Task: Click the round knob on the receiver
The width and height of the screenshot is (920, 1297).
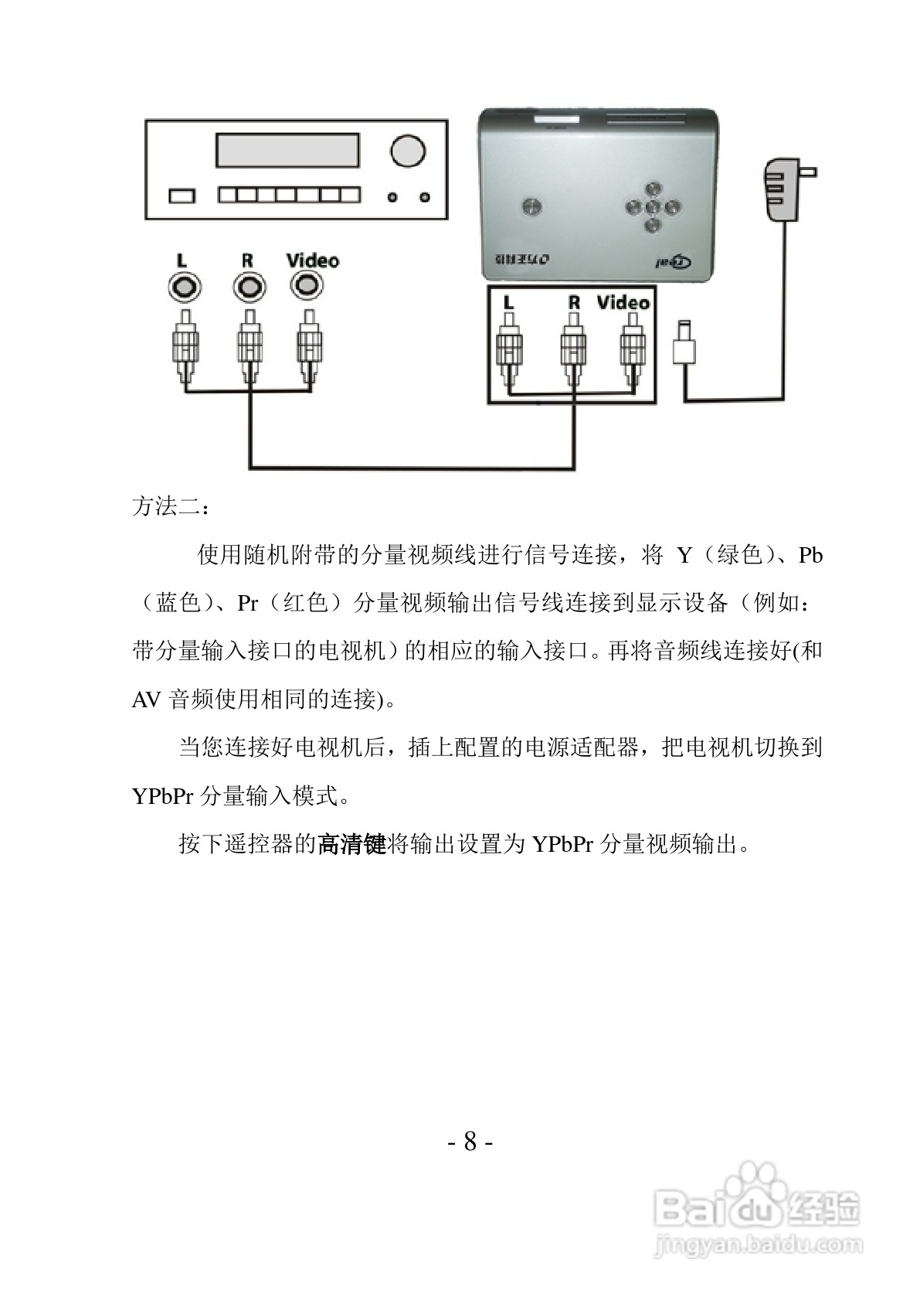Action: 407,151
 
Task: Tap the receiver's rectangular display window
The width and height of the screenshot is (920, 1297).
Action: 287,150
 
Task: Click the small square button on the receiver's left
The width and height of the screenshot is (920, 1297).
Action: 182,196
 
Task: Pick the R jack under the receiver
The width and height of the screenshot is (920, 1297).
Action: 248,288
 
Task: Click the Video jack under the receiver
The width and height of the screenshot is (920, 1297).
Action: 307,286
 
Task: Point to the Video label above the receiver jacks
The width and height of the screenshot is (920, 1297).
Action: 312,260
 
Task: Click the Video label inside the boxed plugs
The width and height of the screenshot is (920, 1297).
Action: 623,302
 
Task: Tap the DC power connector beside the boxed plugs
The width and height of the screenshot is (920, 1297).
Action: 684,343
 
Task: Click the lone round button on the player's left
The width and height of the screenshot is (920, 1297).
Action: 531,206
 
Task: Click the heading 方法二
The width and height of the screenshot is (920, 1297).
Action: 169,507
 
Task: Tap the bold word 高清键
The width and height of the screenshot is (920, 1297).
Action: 351,843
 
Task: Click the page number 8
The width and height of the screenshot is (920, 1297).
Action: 470,1141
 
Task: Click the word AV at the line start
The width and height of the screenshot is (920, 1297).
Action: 146,700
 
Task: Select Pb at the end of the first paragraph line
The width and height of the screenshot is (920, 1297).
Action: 810,555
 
